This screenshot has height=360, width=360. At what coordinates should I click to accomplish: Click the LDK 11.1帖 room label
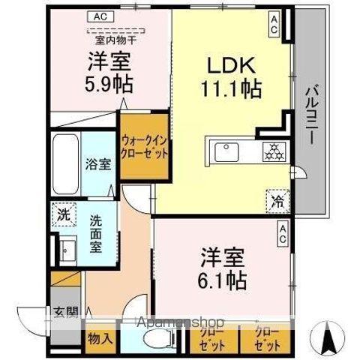[229, 77]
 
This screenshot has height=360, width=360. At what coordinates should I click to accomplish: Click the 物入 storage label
[100, 338]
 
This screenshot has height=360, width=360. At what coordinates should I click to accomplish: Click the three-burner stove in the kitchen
[271, 151]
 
